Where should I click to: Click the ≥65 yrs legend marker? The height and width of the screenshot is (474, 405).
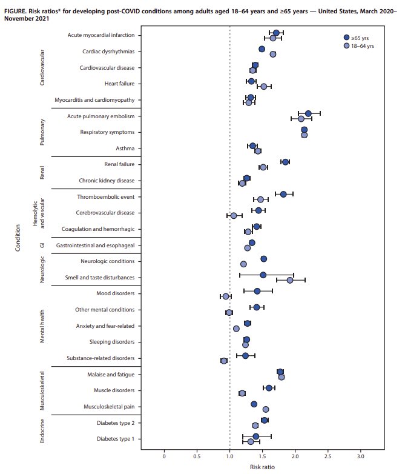pyautogui.click(x=346, y=38)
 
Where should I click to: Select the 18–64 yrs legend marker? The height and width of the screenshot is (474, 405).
pyautogui.click(x=346, y=45)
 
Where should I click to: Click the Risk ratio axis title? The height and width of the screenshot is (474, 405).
pyautogui.click(x=262, y=467)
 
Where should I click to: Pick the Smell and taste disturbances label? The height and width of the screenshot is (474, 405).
pyautogui.click(x=100, y=278)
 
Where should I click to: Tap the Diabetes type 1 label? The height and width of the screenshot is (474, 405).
pyautogui.click(x=115, y=438)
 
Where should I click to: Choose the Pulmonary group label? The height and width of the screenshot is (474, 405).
pyautogui.click(x=42, y=132)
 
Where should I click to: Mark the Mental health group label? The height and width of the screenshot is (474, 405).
pyautogui.click(x=42, y=325)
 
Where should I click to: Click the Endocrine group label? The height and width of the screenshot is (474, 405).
pyautogui.click(x=42, y=430)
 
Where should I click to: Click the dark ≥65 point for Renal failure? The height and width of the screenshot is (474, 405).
pyautogui.click(x=285, y=162)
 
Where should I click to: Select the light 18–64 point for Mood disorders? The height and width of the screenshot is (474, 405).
pyautogui.click(x=226, y=296)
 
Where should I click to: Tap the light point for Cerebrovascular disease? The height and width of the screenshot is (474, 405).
pyautogui.click(x=234, y=216)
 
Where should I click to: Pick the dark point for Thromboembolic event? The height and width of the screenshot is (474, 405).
pyautogui.click(x=283, y=194)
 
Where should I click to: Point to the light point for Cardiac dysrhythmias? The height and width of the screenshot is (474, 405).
pyautogui.click(x=273, y=55)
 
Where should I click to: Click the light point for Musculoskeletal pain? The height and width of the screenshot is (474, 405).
pyautogui.click(x=266, y=409)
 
